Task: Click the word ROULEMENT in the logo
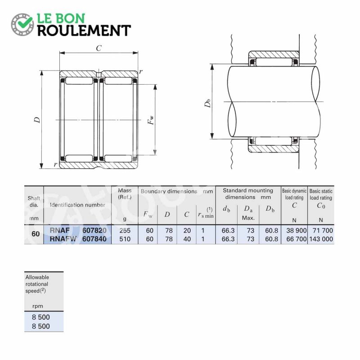click(84, 30)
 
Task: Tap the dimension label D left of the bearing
click(37, 120)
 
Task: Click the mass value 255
click(124, 230)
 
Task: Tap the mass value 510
click(124, 239)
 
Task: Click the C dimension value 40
click(187, 239)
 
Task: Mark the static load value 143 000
click(321, 239)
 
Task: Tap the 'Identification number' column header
click(77, 205)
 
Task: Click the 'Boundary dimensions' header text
click(169, 191)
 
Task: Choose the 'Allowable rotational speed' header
click(37, 284)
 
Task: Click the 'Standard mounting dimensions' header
click(248, 194)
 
